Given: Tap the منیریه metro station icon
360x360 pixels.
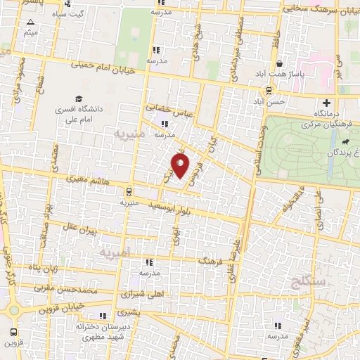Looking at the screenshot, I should (128, 191).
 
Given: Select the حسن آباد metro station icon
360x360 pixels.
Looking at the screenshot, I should (269, 89).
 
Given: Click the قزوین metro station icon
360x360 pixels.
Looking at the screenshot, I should (14, 331).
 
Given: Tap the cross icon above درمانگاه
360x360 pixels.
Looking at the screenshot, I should (325, 103).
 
